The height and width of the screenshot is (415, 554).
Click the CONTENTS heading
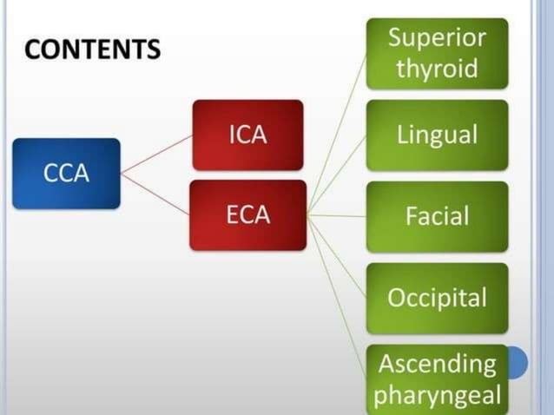point(92,49)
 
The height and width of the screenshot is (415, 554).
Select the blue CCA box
point(66,173)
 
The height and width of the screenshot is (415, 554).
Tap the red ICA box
point(247,135)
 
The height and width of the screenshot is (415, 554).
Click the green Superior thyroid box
point(437,53)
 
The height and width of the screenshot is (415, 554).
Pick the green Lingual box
point(437,135)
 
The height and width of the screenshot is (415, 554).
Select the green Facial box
point(437,215)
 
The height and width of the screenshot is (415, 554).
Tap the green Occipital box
point(437,298)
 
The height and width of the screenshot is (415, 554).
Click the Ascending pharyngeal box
point(437,379)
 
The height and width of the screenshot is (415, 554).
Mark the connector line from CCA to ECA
point(156,194)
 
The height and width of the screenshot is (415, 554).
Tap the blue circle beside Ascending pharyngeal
point(518,362)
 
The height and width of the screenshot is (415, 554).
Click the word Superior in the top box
point(437,38)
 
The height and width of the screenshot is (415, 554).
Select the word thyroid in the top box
point(437,69)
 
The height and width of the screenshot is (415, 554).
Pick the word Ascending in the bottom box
point(437,363)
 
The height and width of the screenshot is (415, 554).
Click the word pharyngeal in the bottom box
point(437,395)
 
